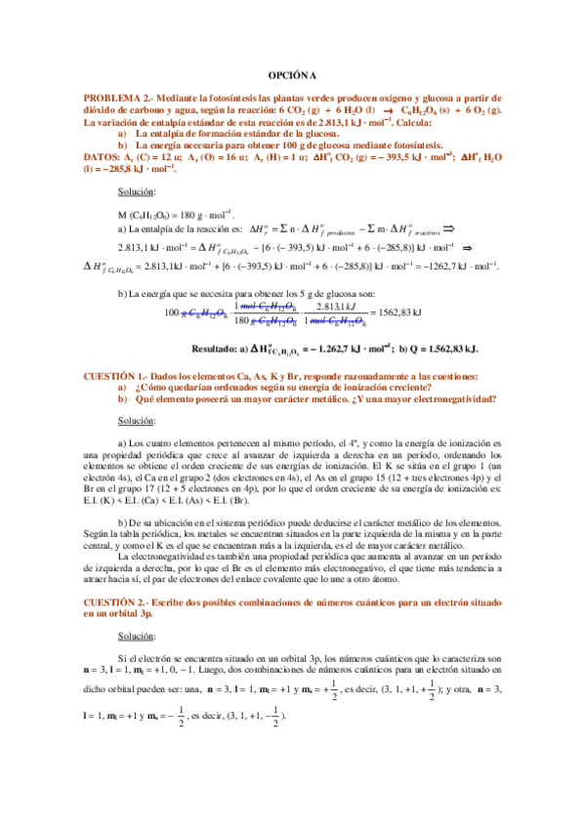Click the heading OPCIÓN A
(x=293, y=75)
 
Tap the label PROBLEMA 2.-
(x=118, y=99)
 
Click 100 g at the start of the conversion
(x=172, y=312)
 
